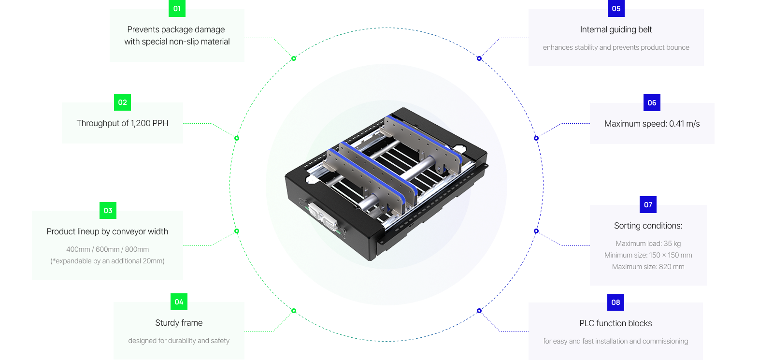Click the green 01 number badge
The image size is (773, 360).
(x=177, y=8)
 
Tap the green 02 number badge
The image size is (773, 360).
(x=122, y=102)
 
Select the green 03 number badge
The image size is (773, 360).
(x=108, y=211)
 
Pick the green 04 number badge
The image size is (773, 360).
(x=179, y=302)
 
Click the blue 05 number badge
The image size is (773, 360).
(x=616, y=8)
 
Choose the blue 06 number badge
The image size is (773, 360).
(x=652, y=102)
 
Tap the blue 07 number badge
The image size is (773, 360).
(x=648, y=205)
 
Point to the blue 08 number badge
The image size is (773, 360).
(x=616, y=302)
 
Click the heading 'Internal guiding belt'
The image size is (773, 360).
(x=616, y=29)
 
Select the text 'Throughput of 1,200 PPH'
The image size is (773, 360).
(x=123, y=123)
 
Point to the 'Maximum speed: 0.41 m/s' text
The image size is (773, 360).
(x=652, y=124)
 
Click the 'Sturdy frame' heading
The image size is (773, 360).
(x=179, y=323)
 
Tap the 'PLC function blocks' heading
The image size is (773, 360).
(x=616, y=323)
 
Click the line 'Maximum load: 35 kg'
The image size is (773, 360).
(x=648, y=244)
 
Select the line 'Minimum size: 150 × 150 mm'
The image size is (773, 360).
(x=648, y=255)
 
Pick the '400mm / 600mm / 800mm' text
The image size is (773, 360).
(x=107, y=249)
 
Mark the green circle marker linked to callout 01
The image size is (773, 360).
(x=294, y=58)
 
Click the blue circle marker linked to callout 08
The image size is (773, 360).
(x=479, y=311)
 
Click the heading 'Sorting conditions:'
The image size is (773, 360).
(x=648, y=226)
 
